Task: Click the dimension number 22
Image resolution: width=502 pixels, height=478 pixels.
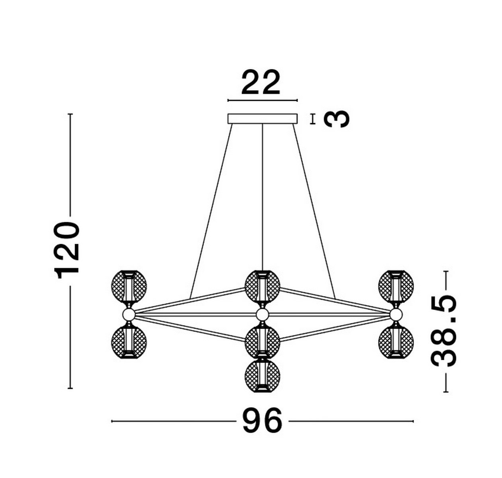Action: point(261,83)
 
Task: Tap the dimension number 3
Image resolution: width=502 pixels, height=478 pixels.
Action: point(337,119)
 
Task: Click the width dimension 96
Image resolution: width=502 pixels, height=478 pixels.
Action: point(262,421)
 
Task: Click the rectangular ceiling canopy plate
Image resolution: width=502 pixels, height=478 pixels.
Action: point(262,119)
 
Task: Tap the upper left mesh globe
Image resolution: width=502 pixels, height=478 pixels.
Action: point(129,286)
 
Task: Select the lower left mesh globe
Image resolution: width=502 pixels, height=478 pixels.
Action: point(128,342)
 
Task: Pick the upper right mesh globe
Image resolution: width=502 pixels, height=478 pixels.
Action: point(396,286)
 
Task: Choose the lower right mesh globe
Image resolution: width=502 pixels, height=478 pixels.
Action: point(396,342)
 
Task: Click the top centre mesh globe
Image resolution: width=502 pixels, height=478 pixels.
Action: point(262,286)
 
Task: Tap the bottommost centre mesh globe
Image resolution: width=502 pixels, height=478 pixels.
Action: point(262,376)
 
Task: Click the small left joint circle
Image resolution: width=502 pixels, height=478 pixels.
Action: point(128,314)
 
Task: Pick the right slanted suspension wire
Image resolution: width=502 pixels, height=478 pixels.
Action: point(315,211)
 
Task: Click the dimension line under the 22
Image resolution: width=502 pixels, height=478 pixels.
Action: point(262,100)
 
